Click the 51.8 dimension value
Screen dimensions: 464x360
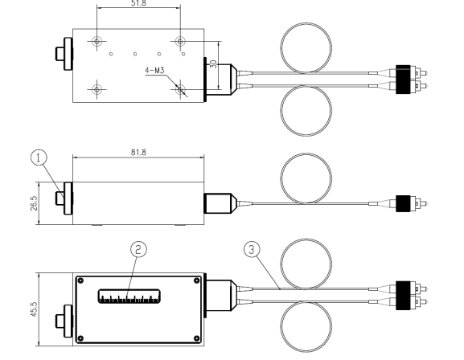coord(138,3)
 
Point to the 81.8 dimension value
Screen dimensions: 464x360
coord(138,153)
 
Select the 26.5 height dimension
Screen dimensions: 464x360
coord(34,203)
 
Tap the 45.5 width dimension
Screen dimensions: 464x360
coord(34,309)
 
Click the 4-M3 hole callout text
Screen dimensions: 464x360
coord(154,71)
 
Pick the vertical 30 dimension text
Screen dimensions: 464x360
coord(214,64)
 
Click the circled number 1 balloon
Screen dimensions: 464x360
coord(39,157)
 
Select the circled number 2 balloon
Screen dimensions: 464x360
coord(138,249)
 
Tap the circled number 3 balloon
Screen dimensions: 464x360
coord(252,249)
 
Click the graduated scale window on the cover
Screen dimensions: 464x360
coord(129,297)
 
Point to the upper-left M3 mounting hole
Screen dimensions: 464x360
coord(97,42)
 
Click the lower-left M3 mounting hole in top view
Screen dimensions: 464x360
coord(97,89)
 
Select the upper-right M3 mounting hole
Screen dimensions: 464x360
coord(180,42)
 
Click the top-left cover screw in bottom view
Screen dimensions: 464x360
coord(80,280)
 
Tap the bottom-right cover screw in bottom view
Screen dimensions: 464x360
coord(196,338)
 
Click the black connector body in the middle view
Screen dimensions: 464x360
coord(403,203)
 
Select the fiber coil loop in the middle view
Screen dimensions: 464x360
coord(306,178)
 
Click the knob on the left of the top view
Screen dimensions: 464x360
coord(64,54)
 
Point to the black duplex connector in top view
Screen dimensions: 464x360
coord(403,80)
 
